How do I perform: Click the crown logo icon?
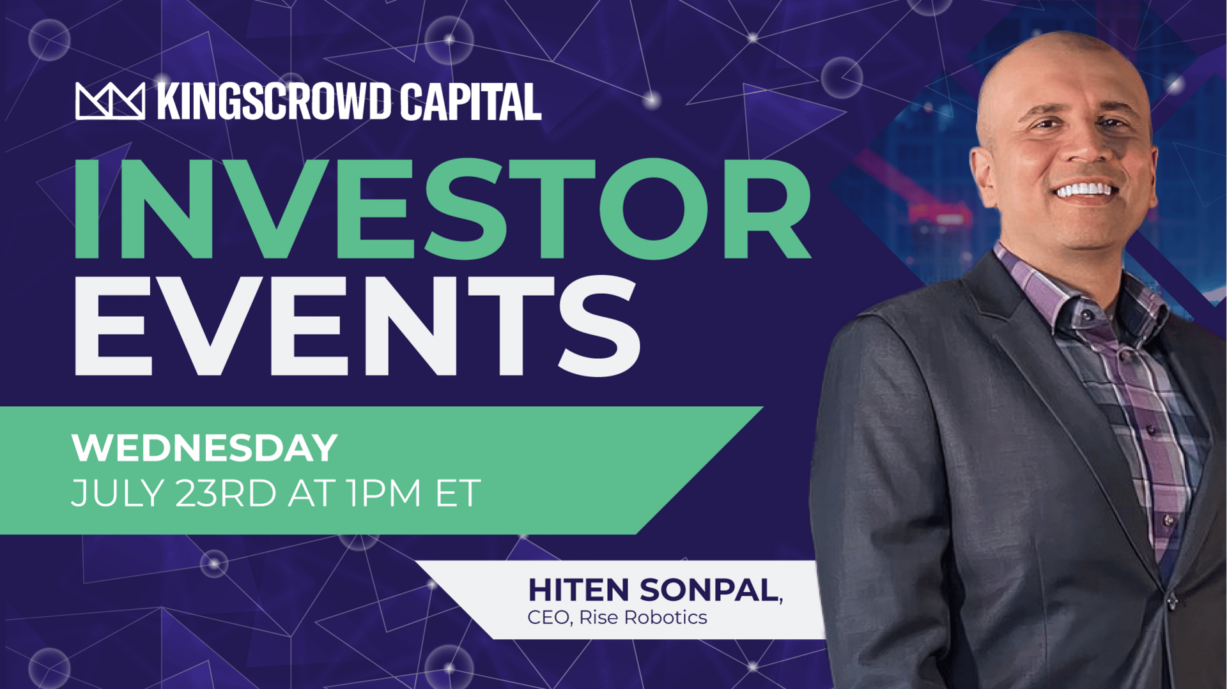(110, 101)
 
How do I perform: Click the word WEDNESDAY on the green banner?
(204, 448)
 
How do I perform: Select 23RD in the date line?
(226, 493)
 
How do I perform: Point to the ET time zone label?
(458, 493)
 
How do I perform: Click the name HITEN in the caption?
(579, 589)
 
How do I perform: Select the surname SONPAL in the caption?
(709, 589)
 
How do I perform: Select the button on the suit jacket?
(1172, 601)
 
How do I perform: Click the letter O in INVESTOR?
(654, 209)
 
